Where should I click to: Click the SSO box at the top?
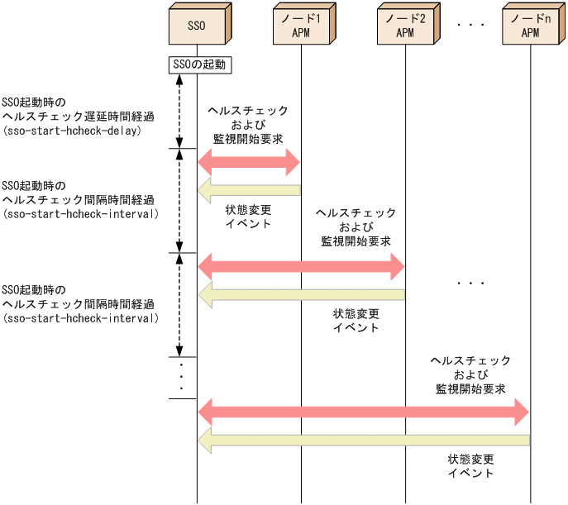point(196,25)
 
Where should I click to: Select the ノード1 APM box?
point(301,25)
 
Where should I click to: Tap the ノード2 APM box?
point(404,25)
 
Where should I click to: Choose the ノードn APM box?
point(530,25)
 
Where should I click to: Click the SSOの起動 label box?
point(197,64)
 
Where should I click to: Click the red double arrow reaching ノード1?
point(249,163)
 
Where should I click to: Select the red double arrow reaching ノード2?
point(301,267)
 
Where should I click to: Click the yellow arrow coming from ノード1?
point(249,192)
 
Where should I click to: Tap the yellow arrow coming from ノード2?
point(301,295)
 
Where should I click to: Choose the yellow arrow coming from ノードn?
point(363,442)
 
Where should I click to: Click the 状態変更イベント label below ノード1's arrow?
point(249,217)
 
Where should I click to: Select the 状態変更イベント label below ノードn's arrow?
point(471,466)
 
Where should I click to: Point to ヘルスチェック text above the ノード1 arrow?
point(249,110)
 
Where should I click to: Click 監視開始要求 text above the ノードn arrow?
point(471,388)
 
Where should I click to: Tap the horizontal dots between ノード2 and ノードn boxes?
point(470,26)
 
